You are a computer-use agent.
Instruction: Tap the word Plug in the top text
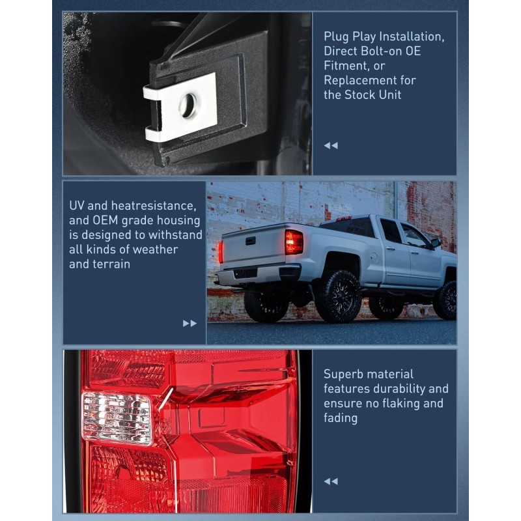pyautogui.click(x=337, y=36)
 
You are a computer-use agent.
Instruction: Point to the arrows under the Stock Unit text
pyautogui.click(x=331, y=145)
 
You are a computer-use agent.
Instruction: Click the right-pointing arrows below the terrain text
pyautogui.click(x=190, y=323)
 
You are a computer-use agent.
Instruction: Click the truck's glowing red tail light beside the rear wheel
pyautogui.click(x=294, y=242)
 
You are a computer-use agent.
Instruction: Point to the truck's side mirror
pyautogui.click(x=435, y=243)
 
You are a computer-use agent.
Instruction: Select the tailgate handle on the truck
pyautogui.click(x=250, y=240)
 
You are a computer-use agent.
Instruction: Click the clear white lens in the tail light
pyautogui.click(x=117, y=417)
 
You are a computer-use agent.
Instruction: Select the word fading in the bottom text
pyautogui.click(x=341, y=418)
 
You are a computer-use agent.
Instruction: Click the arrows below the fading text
pyautogui.click(x=331, y=481)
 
